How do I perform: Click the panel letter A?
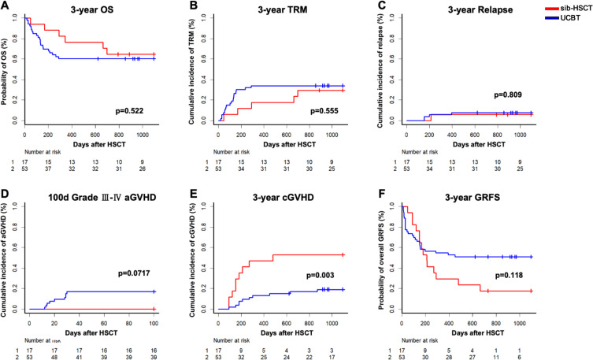[6, 8]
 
